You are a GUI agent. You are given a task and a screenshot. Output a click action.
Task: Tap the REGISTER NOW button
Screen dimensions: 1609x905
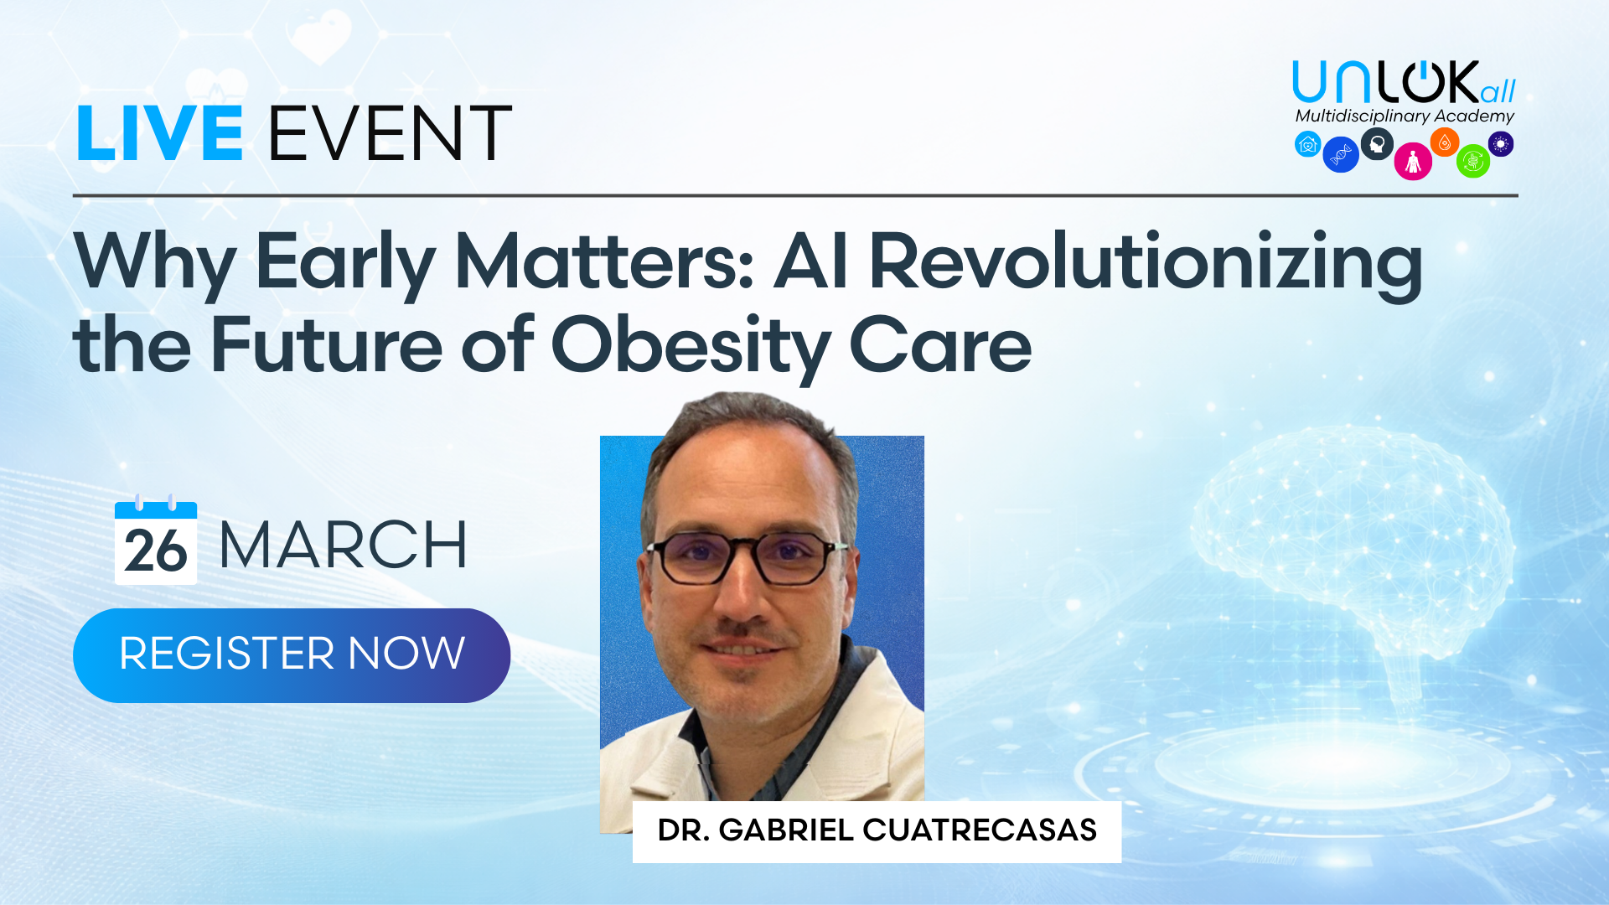(x=292, y=655)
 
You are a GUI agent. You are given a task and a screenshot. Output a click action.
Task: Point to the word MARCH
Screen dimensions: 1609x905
(x=343, y=546)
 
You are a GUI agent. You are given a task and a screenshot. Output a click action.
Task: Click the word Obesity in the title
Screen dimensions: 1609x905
(x=691, y=346)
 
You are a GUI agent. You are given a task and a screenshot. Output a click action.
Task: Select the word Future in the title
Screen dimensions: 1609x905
(x=326, y=344)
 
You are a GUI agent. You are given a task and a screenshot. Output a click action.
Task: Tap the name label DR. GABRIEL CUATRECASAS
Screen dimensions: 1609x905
(x=877, y=830)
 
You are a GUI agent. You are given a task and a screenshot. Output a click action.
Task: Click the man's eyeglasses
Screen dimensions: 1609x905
(x=746, y=558)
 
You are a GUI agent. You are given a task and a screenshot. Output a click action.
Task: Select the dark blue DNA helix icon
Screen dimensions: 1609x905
(x=1341, y=154)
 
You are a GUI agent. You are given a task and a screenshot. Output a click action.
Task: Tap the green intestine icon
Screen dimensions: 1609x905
(x=1473, y=161)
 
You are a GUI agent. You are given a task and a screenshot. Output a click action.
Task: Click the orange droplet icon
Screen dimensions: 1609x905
(x=1445, y=142)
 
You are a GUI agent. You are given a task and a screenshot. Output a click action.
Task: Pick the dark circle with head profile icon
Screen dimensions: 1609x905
(x=1377, y=144)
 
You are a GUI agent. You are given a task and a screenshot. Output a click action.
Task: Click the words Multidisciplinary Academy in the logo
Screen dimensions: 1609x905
(x=1405, y=116)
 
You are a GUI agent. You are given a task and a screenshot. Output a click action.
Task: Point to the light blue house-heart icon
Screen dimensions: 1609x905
(x=1307, y=144)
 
